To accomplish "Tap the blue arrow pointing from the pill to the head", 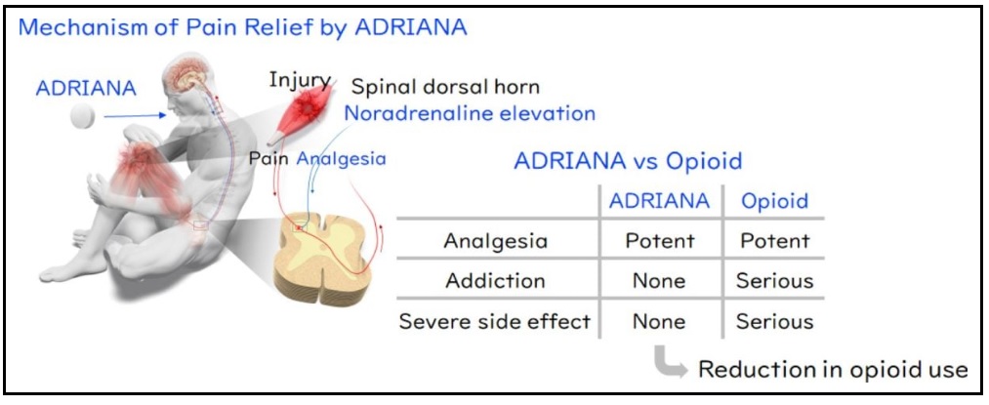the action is pyautogui.click(x=135, y=115).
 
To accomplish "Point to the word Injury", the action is pyautogui.click(x=300, y=81).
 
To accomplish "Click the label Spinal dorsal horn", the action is pyautogui.click(x=444, y=87).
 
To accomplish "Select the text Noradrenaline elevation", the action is pyautogui.click(x=470, y=113).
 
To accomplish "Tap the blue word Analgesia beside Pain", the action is pyautogui.click(x=341, y=158).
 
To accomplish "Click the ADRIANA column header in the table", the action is pyautogui.click(x=659, y=201).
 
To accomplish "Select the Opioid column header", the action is pyautogui.click(x=774, y=201).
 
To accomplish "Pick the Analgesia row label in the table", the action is pyautogui.click(x=495, y=241).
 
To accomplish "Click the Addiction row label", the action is pyautogui.click(x=495, y=280).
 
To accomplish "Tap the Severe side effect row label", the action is pyautogui.click(x=495, y=321).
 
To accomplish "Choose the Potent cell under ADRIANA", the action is pyautogui.click(x=659, y=240).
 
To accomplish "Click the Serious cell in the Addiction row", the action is pyautogui.click(x=774, y=280).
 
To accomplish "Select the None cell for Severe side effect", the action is pyautogui.click(x=659, y=321).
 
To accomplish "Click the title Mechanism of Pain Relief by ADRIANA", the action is pyautogui.click(x=243, y=29).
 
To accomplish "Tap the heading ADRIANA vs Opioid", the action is pyautogui.click(x=628, y=161).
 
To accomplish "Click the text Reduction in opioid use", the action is pyautogui.click(x=833, y=370).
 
